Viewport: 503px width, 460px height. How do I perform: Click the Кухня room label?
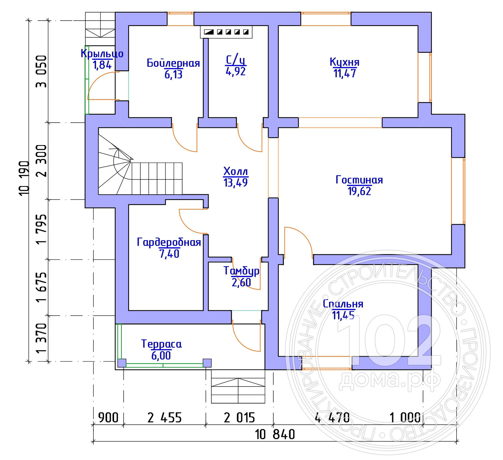344,62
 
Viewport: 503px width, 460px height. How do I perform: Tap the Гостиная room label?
359,180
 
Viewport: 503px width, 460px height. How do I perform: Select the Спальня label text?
343,304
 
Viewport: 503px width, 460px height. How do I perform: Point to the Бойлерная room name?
173,63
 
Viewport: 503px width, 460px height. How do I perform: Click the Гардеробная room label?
169,242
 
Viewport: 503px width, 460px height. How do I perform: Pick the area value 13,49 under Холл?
236,182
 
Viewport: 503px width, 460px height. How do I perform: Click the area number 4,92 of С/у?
236,71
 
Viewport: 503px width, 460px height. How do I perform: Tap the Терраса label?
161,344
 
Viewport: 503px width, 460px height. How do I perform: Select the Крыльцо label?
102,53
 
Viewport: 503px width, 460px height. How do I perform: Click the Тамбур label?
241,271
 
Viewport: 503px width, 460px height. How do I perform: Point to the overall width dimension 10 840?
275,434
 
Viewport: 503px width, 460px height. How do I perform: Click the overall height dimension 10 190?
24,178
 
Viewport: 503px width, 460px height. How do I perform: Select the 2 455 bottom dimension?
164,418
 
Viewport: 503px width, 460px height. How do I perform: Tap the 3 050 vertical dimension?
41,71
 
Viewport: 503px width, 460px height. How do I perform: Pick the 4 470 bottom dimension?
332,418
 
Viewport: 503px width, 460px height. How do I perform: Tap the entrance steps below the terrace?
238,386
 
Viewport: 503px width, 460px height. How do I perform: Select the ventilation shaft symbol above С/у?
226,32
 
